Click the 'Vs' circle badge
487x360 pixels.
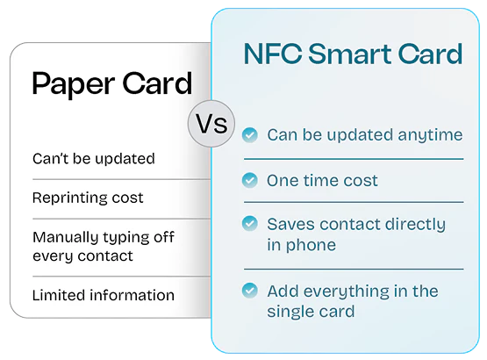tap(211, 124)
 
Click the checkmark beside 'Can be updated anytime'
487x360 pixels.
tap(250, 135)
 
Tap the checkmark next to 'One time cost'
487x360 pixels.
tap(250, 181)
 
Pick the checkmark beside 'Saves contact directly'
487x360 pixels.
tap(250, 224)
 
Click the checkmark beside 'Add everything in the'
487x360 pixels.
tap(250, 290)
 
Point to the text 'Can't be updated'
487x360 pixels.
tap(93, 159)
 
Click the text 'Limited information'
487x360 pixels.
tap(103, 295)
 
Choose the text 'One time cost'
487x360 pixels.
tap(322, 181)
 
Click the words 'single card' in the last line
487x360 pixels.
tap(311, 311)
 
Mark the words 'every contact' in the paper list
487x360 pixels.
tap(82, 256)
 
